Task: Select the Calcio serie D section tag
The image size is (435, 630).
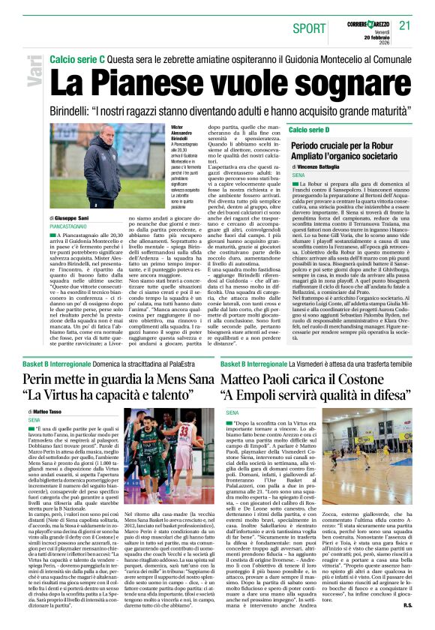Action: [309, 130]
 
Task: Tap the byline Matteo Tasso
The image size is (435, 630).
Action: [47, 412]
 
